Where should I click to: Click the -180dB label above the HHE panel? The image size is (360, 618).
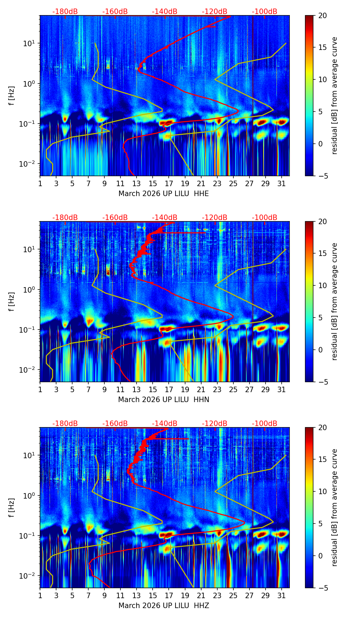[x=65, y=12]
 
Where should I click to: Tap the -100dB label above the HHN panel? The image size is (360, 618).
[x=265, y=218]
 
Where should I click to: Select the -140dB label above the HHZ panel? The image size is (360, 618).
[x=165, y=424]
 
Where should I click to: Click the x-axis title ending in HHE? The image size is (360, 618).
[x=164, y=194]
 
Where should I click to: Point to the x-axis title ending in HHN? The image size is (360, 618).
[x=164, y=400]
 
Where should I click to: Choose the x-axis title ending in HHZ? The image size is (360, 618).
[x=164, y=606]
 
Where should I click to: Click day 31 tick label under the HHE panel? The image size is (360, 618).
[x=281, y=183]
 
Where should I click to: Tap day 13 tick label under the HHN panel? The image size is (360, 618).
[x=137, y=389]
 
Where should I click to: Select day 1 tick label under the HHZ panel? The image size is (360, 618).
[x=40, y=595]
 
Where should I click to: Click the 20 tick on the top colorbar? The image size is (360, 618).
[x=322, y=15]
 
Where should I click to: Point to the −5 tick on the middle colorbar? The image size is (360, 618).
[x=321, y=382]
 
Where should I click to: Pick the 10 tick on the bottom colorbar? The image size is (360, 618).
[x=322, y=492]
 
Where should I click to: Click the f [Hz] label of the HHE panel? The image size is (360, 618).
[x=12, y=95]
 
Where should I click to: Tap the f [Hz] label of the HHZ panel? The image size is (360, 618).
[x=12, y=507]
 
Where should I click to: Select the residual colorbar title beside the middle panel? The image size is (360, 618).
[x=334, y=301]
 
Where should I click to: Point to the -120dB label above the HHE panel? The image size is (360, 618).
[x=215, y=12]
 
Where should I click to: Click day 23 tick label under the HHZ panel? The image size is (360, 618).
[x=217, y=595]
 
